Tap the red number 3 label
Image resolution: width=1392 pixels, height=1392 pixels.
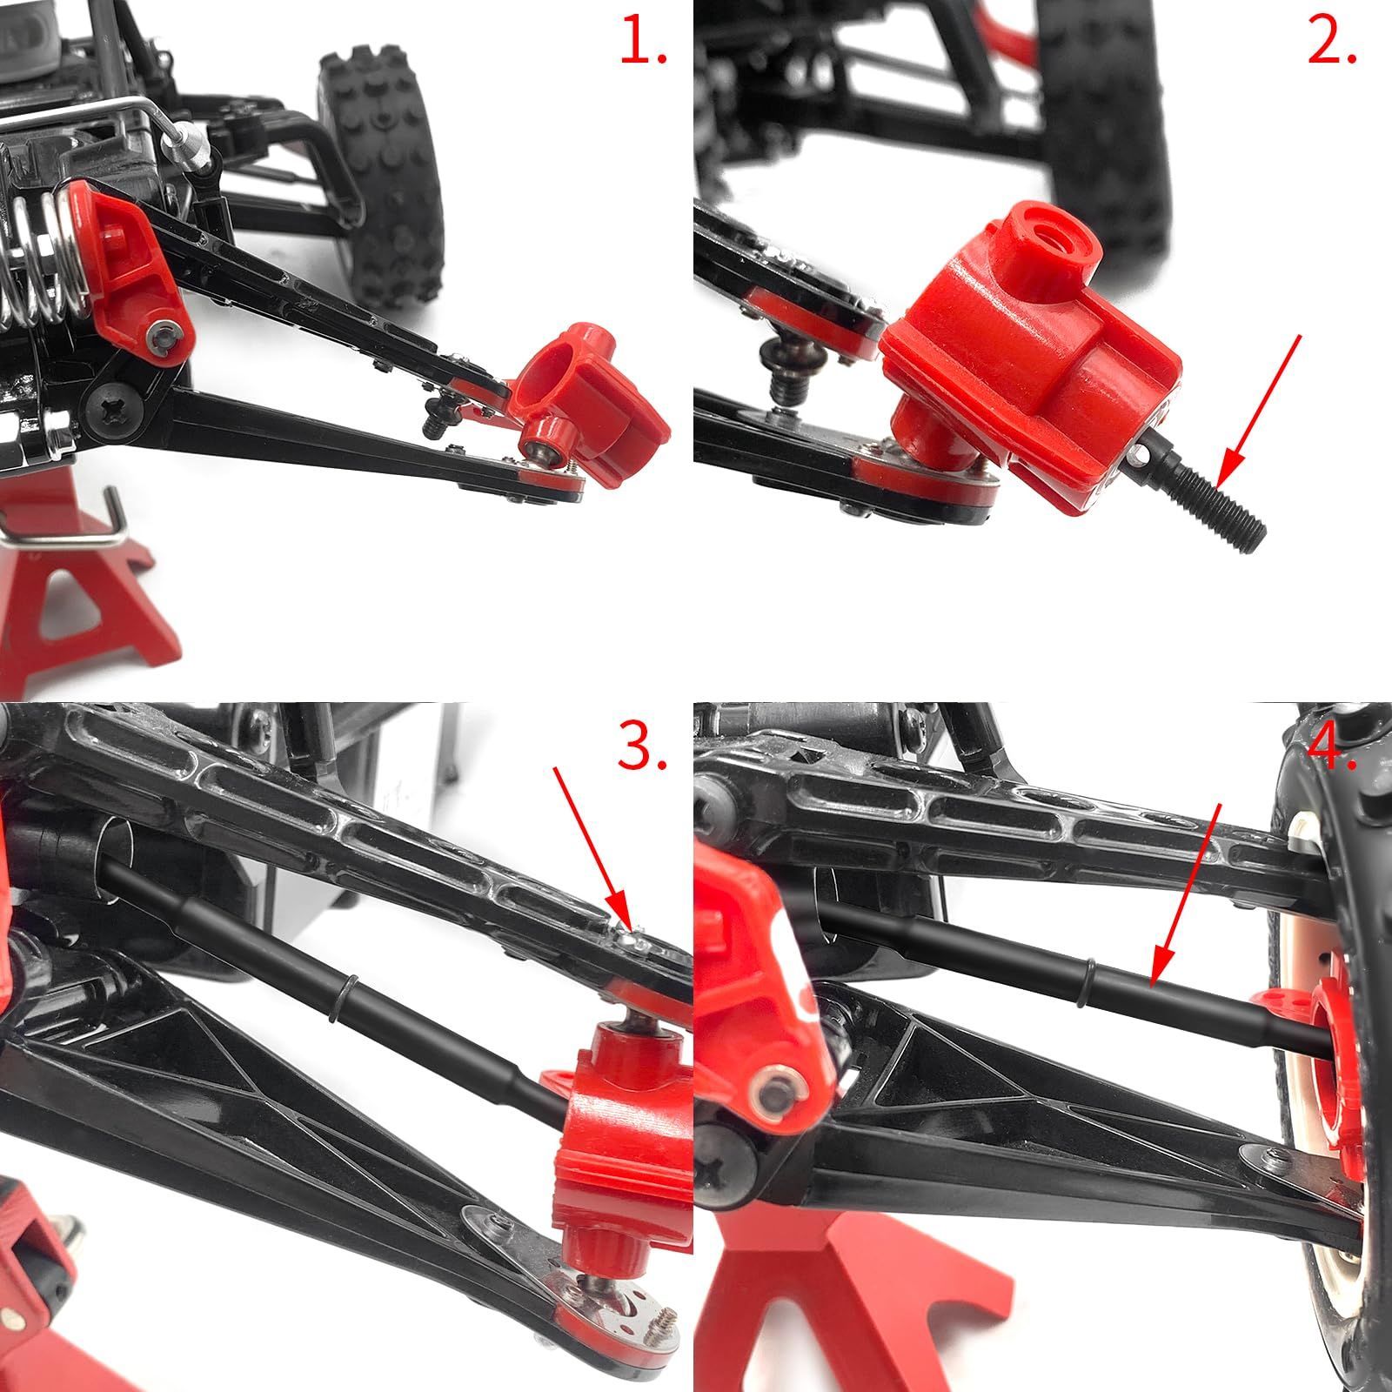tap(642, 746)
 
